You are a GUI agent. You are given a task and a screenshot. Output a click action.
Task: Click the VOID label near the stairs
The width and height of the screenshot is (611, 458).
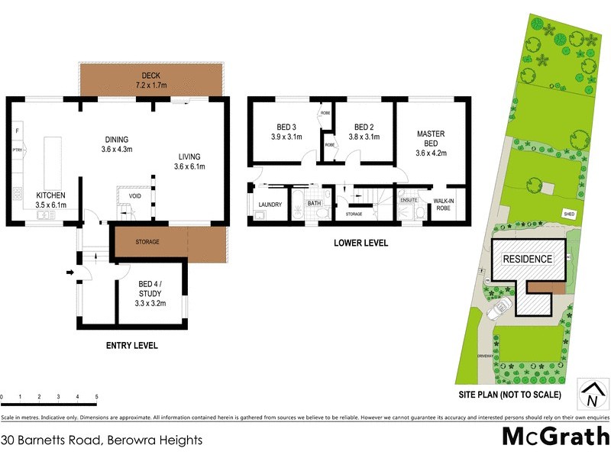click(135, 196)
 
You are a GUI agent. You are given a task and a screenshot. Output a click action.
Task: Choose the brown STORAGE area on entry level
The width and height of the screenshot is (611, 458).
click(148, 242)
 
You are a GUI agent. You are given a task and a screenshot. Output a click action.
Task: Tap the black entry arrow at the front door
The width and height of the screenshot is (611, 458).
click(70, 272)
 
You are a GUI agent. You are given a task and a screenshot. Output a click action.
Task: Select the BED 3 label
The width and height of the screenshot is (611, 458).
click(286, 132)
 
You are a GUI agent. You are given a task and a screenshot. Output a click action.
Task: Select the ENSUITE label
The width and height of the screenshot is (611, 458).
click(409, 199)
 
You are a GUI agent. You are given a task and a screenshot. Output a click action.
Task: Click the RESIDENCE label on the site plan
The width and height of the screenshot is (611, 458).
click(527, 259)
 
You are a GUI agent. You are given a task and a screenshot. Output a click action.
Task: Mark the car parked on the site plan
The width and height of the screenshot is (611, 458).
click(501, 308)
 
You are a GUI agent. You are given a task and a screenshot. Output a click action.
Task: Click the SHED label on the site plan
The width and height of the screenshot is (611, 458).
click(568, 214)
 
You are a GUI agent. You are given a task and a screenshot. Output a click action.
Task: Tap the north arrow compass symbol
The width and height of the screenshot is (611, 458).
click(590, 394)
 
